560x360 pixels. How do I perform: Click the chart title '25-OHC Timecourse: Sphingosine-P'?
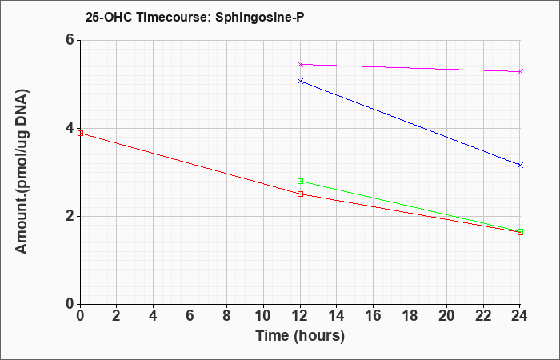(194, 17)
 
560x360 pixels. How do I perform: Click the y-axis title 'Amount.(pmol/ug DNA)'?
(22, 171)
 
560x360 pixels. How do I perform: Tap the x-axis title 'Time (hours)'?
(300, 336)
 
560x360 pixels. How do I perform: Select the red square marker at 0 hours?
(80, 134)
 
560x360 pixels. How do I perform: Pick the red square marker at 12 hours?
(300, 194)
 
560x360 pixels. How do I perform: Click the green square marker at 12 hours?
(300, 181)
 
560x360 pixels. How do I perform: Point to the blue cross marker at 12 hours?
(300, 82)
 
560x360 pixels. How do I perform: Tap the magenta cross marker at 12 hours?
(300, 64)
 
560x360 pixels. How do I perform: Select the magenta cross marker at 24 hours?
(520, 72)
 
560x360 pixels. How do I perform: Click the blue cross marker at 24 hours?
(520, 165)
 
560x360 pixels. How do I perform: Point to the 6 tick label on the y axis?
(70, 40)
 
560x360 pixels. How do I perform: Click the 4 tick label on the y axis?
(70, 128)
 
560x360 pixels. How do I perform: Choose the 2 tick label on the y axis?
(70, 216)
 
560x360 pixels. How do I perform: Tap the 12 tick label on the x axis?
(300, 316)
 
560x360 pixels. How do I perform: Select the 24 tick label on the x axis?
(520, 316)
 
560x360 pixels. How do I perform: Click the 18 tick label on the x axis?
(410, 316)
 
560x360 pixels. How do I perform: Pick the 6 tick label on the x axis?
(190, 316)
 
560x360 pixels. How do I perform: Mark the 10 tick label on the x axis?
(263, 316)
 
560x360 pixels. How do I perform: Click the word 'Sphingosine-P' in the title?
(260, 18)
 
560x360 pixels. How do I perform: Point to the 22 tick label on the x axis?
(483, 316)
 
